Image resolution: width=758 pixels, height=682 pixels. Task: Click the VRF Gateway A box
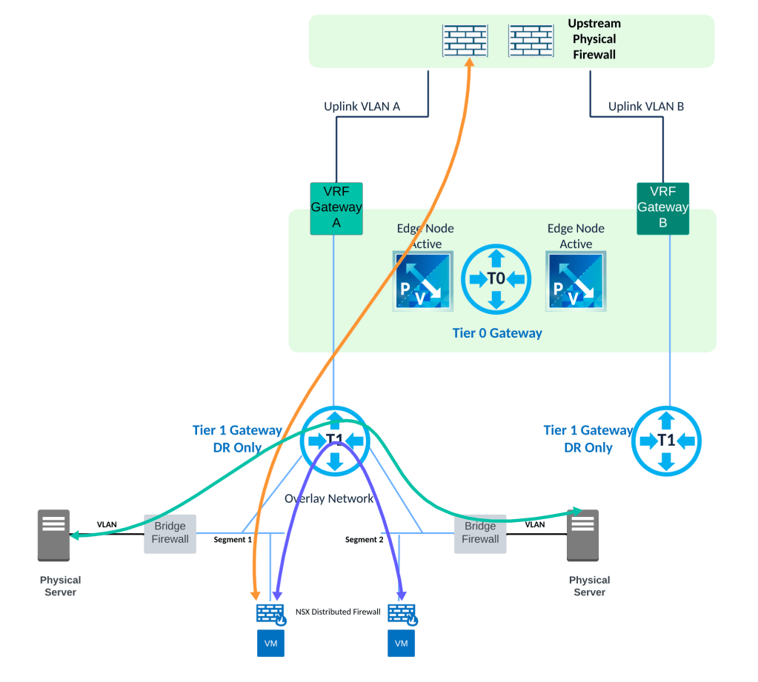pos(336,208)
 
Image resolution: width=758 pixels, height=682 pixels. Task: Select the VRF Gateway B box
pos(662,208)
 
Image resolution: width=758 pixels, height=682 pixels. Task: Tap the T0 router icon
pos(496,278)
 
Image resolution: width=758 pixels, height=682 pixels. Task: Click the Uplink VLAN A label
pos(362,107)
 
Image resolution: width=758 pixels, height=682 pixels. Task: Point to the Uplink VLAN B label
pos(646,107)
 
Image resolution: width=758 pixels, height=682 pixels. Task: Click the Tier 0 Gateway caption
pos(497,333)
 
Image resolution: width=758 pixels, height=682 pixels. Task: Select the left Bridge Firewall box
pos(170,533)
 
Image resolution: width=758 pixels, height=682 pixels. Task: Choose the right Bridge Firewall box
pos(480,533)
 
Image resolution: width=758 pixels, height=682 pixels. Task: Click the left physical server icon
pos(54,535)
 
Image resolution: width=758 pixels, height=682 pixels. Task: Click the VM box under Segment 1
pos(270,643)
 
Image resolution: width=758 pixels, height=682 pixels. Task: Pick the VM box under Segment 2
pos(401,643)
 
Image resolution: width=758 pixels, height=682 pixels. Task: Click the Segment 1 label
pos(233,540)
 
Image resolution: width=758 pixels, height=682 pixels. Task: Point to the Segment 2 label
pos(365,540)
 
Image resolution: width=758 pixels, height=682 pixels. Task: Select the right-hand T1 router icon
pos(667,441)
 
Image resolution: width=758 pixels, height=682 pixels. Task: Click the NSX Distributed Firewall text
pos(338,612)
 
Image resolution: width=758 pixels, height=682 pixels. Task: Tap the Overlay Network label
pos(329,498)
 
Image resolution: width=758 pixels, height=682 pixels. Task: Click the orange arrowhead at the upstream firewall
pos(470,62)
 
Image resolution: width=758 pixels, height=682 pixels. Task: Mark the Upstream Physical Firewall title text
pos(594,39)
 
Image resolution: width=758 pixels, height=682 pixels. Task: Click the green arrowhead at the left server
pos(73,534)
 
